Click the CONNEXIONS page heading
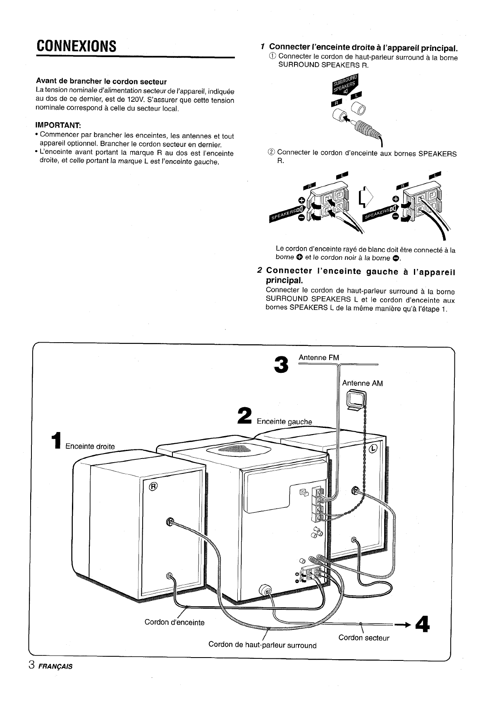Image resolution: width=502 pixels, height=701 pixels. tap(76, 46)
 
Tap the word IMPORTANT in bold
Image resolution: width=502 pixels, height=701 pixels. tap(58, 125)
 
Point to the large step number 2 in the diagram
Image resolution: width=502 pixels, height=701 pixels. tap(245, 415)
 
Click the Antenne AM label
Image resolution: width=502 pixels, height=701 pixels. tap(362, 383)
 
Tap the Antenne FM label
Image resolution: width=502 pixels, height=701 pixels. tap(318, 357)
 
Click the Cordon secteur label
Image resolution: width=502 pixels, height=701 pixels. tap(364, 638)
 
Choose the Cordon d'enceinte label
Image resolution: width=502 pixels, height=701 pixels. tap(175, 622)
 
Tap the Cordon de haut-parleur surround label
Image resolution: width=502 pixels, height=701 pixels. tap(262, 645)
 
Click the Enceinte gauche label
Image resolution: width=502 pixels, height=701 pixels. tap(284, 422)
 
